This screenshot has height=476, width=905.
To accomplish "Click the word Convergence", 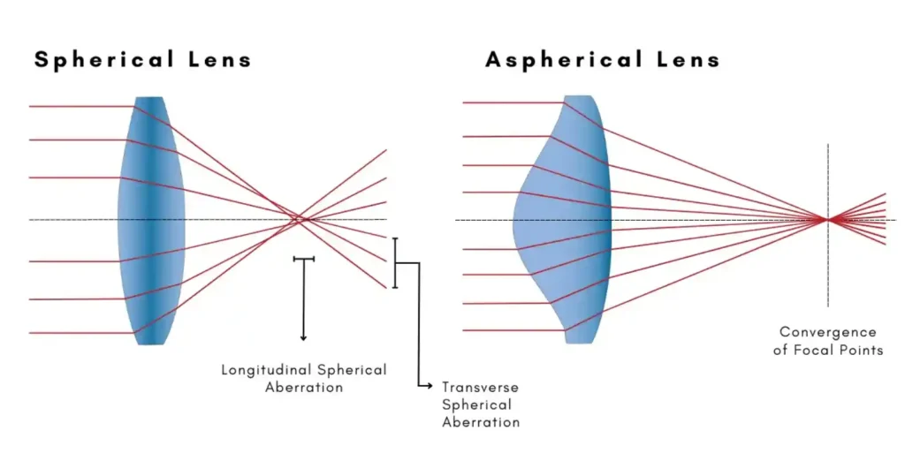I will point(828,332).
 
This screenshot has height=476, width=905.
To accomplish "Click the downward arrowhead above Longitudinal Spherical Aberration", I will point(303,336).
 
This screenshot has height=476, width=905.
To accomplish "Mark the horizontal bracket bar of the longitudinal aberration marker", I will point(303,259).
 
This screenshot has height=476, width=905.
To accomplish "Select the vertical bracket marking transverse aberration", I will point(395,262).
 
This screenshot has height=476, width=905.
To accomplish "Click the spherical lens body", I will point(151,220).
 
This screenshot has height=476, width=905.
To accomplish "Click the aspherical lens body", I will point(566,220).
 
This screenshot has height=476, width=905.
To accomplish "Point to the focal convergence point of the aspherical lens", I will point(827,220).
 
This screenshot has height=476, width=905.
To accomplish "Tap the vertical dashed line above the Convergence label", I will point(828,177).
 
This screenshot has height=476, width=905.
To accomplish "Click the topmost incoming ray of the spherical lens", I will point(80,107).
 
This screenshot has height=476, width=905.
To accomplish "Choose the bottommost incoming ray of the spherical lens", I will point(80,333).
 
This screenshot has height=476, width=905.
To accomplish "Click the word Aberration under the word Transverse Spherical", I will point(481,422).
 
